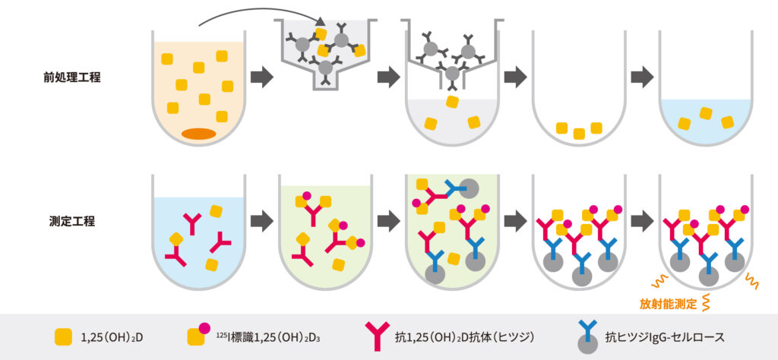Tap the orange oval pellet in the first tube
tap(199, 134)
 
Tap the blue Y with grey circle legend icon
tap(587, 335)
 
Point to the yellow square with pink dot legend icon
tap(198, 334)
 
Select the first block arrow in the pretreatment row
tap(261, 77)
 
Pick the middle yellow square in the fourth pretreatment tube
tap(579, 134)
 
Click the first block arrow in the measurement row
tap(261, 221)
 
